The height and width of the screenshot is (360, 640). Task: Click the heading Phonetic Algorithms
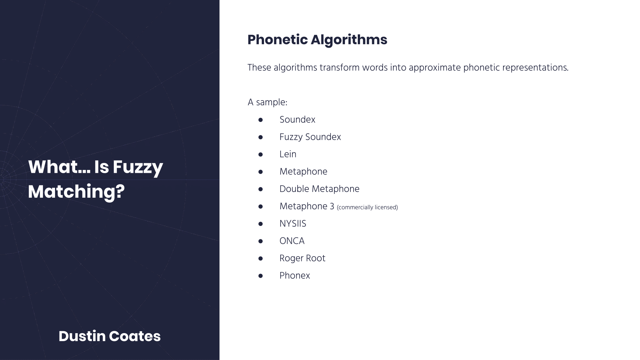317,40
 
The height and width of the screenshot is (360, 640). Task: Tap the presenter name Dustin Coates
109,336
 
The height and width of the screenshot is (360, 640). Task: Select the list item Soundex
297,120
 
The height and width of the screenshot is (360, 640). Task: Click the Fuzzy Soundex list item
310,137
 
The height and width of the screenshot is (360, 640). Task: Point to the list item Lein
288,154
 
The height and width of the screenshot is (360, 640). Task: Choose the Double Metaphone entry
319,189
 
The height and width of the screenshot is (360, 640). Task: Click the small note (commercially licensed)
367,207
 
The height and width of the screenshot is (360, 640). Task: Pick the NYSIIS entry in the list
293,224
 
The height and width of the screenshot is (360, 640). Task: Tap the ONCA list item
292,241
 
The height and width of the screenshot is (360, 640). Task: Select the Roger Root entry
302,258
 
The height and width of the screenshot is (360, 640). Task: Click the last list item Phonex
295,276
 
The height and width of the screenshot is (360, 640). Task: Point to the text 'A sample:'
268,102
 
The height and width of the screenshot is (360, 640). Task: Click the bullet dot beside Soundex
260,120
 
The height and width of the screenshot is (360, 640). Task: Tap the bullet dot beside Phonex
260,276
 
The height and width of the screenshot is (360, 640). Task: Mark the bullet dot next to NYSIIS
260,224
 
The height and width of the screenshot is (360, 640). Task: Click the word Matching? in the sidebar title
76,192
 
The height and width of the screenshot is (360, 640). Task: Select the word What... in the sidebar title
59,167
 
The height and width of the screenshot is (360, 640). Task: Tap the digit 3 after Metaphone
332,206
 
